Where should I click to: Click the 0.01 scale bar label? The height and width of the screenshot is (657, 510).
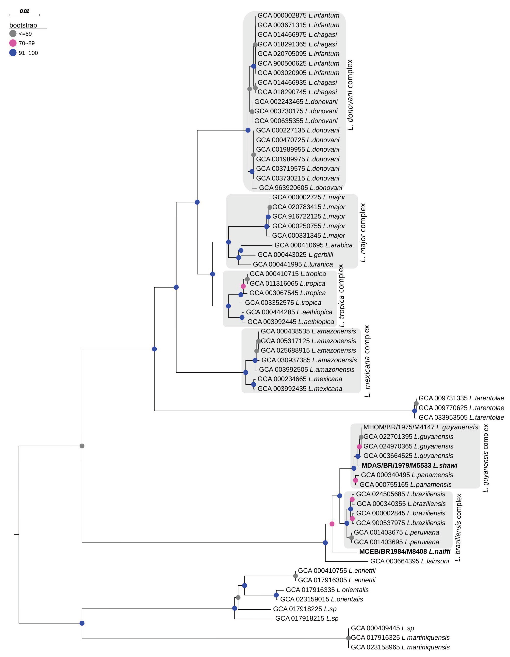coord(24,11)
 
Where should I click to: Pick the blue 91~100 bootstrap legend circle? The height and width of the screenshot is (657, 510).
coord(13,53)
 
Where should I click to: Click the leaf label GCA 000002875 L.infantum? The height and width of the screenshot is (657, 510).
coord(298,15)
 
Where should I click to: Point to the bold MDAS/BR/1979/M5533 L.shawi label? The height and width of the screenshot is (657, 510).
coord(409,465)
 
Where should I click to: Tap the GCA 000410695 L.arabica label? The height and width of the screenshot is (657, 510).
coord(313,245)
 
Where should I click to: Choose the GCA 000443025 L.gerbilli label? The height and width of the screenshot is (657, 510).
coord(295,255)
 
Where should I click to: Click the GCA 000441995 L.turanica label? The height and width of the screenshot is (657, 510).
coord(293,264)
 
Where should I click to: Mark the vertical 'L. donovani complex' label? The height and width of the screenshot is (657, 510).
coord(350,95)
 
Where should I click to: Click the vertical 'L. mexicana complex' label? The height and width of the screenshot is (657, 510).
coord(367,361)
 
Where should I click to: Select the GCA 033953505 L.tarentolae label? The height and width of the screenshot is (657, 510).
coord(461,417)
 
